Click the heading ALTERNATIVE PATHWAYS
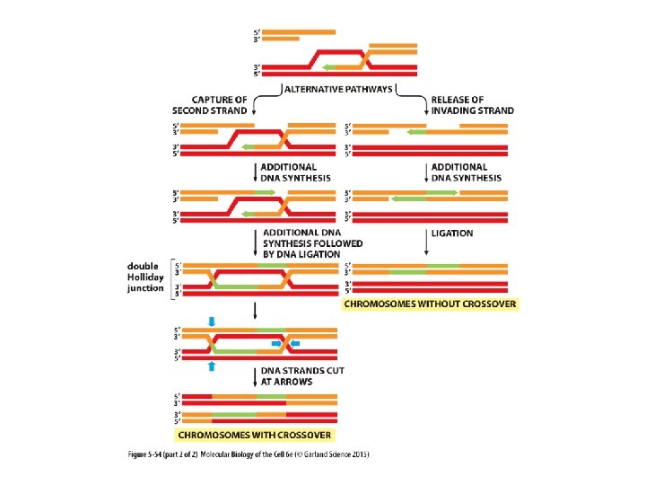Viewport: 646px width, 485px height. tap(336, 88)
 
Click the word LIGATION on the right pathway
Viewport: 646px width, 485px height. tap(452, 234)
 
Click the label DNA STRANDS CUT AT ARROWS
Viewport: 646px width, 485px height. tap(302, 375)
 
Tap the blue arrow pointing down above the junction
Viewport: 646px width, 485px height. tap(212, 322)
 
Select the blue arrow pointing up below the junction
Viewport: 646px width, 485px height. tap(212, 366)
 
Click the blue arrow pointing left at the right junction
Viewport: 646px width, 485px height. tap(299, 343)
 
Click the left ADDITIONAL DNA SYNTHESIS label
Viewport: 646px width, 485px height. tap(288, 172)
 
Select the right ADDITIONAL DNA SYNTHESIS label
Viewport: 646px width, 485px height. tap(466, 172)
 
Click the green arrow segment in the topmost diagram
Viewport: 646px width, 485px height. tap(340, 66)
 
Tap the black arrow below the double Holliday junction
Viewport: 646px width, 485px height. tap(256, 310)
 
